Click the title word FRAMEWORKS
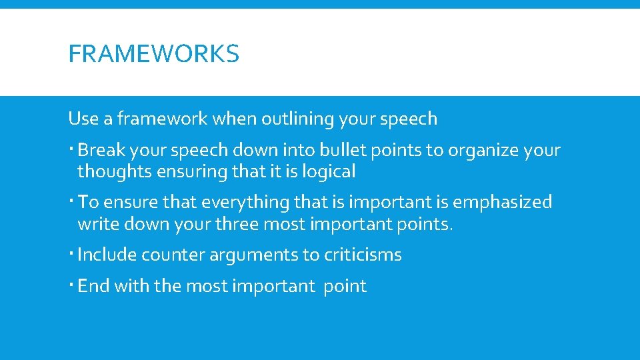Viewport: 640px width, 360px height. point(153,54)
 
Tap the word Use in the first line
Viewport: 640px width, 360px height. point(83,119)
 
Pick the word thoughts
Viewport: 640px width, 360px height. point(115,172)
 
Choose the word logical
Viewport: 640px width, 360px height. point(329,172)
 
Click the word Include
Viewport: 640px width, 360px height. point(107,255)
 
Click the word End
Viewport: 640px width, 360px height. point(93,286)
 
